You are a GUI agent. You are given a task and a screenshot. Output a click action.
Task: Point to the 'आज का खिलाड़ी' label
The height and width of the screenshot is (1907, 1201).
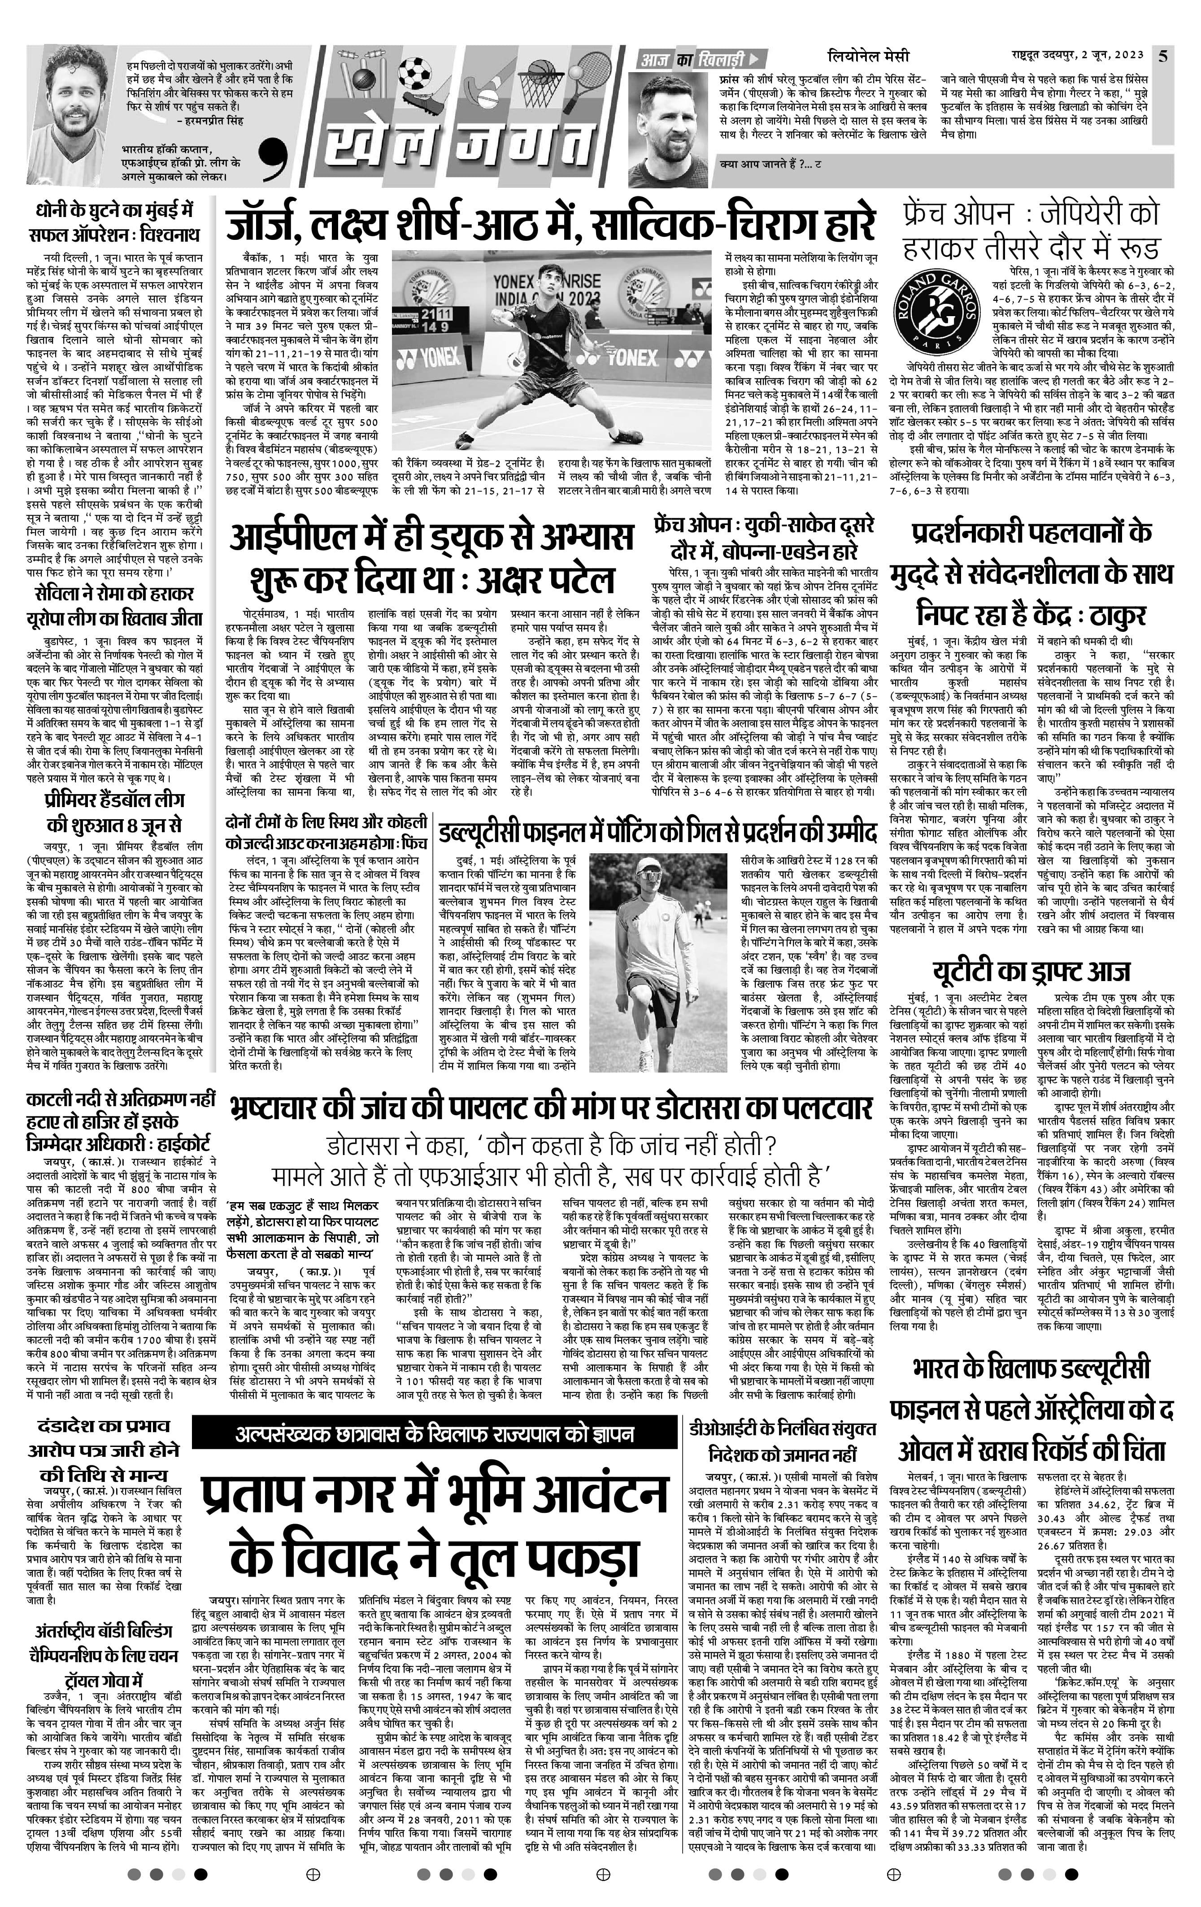tap(694, 57)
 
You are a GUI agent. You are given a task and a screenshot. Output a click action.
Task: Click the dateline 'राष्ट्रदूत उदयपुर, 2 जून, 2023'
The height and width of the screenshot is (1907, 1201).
tap(1077, 56)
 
